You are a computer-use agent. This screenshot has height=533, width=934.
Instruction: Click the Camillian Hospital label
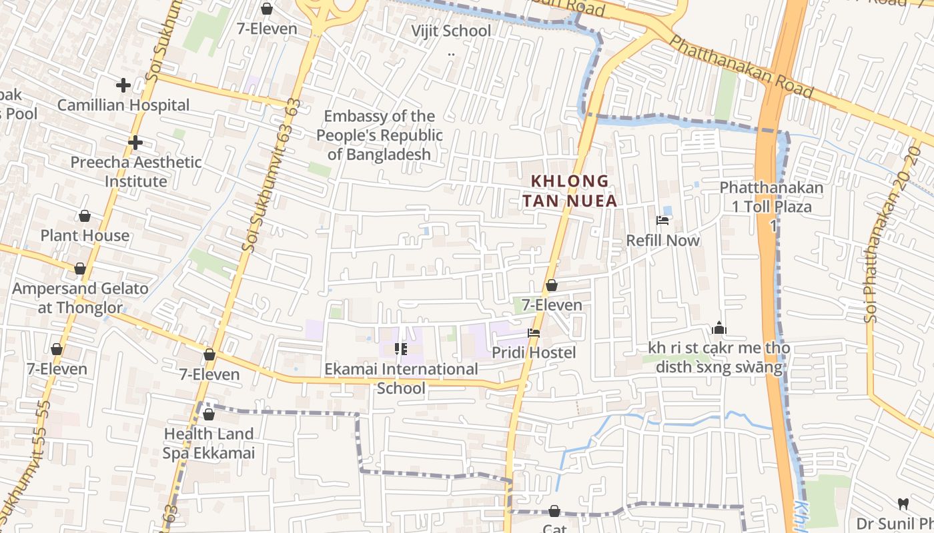click(x=123, y=105)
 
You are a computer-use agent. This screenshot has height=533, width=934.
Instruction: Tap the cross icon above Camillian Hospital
click(x=123, y=85)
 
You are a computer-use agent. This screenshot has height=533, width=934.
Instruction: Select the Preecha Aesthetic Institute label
click(x=136, y=171)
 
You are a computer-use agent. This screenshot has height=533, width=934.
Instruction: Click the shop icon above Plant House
click(x=85, y=216)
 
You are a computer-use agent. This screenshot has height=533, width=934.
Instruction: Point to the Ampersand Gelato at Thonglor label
click(x=81, y=298)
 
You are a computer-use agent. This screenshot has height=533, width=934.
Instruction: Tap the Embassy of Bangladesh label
click(x=379, y=135)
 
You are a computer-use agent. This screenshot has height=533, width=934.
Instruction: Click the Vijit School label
click(x=451, y=31)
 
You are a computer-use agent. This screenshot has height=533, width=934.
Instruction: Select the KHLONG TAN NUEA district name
click(x=570, y=191)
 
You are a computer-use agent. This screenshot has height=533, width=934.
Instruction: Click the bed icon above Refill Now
click(x=662, y=221)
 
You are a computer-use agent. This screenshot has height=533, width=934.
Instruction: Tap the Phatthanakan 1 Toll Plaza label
click(x=772, y=197)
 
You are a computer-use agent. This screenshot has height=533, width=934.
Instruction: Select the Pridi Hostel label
click(x=534, y=352)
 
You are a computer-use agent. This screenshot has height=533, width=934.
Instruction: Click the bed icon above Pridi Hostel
click(x=533, y=332)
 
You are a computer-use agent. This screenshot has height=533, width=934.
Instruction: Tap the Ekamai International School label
click(x=402, y=378)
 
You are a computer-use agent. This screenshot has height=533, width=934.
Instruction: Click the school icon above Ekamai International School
click(x=401, y=348)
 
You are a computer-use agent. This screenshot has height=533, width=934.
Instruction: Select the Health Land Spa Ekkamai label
click(x=209, y=443)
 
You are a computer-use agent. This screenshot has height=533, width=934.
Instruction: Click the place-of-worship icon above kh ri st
click(x=719, y=328)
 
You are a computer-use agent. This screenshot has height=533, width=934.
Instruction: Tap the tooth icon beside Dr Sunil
click(x=903, y=504)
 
